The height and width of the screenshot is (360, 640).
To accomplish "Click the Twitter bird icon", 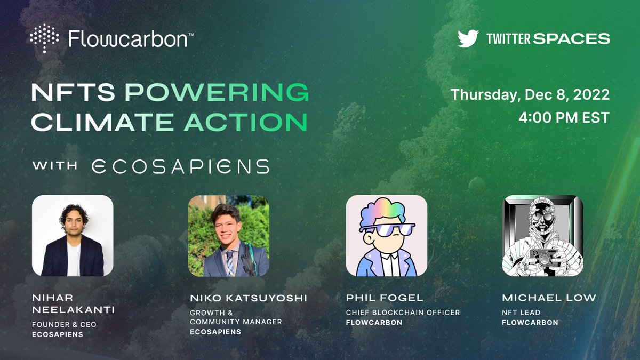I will (468, 38).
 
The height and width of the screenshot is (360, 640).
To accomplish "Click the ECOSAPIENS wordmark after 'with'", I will (180, 166).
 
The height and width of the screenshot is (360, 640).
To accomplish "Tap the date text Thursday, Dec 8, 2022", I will (530, 95).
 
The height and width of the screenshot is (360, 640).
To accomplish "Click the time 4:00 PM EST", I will (564, 118).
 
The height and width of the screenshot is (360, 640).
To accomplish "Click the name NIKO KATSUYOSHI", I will (249, 298).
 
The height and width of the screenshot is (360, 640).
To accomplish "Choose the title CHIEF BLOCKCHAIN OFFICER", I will (403, 313).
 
